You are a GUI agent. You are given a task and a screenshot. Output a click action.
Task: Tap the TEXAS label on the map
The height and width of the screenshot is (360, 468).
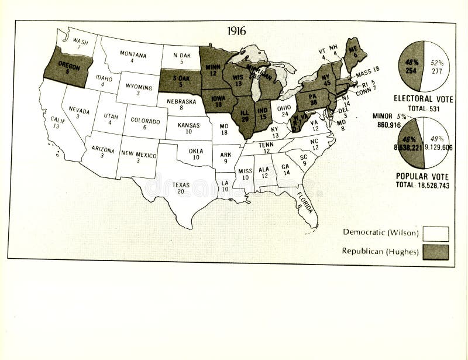coord(181,185)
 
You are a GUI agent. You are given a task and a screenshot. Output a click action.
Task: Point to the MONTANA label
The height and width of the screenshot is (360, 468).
coord(133,54)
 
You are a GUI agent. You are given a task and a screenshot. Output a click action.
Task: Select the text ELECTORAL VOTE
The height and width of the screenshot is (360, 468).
coord(422,99)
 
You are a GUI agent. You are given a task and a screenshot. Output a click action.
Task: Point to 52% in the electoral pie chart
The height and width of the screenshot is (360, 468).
coord(436,62)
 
